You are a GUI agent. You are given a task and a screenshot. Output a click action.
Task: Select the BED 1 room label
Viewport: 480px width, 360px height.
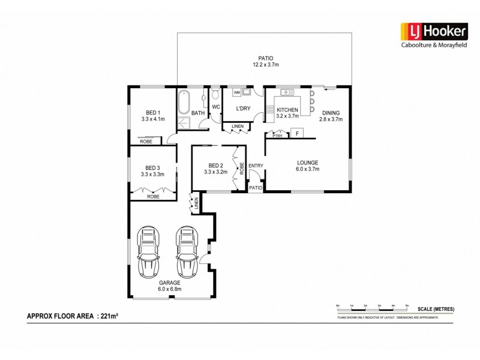(x=153, y=116)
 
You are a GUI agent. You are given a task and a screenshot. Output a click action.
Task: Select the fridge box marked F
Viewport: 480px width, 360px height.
(x=297, y=133)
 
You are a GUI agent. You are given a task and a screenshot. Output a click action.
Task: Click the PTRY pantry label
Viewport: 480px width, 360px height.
(x=277, y=136)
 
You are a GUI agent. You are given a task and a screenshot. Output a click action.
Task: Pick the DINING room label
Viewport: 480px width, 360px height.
(x=331, y=116)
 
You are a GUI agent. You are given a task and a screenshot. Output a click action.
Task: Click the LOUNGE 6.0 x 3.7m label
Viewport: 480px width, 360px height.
(x=307, y=166)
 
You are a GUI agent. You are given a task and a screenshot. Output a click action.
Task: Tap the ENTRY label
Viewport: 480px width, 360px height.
(x=256, y=166)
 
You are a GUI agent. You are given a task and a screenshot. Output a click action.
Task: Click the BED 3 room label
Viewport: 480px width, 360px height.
(x=153, y=171)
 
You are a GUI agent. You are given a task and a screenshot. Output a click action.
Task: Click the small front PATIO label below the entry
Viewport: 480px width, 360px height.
(x=256, y=188)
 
